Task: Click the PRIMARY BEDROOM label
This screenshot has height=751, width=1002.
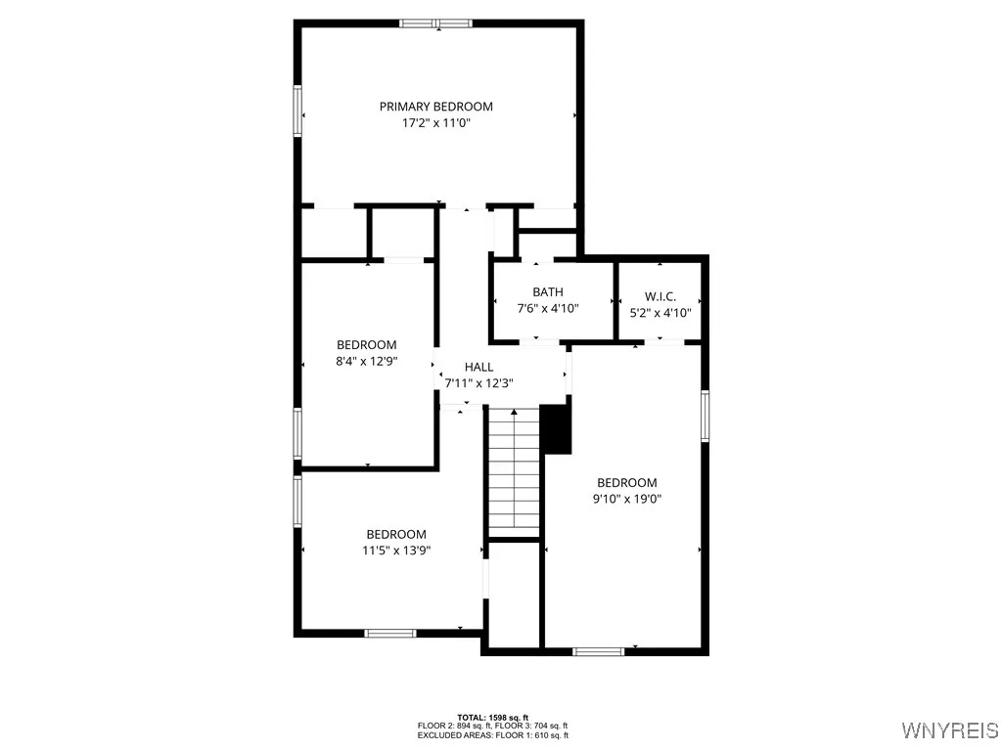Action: click(435, 107)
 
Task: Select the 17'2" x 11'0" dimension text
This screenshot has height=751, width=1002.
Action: click(435, 123)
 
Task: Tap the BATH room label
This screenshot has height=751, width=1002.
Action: click(547, 292)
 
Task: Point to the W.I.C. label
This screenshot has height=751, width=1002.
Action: click(660, 296)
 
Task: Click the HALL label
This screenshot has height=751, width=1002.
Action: click(478, 367)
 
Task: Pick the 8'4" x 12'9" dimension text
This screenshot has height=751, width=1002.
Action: click(366, 361)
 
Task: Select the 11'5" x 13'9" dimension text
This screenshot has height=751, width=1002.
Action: click(396, 550)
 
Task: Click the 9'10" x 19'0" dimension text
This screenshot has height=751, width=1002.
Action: click(626, 499)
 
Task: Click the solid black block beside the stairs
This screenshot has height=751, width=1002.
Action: click(556, 428)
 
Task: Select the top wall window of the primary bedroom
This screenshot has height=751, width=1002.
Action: click(436, 23)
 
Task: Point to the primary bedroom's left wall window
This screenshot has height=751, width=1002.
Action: click(298, 110)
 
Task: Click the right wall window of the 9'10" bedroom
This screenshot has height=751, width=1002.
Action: click(704, 417)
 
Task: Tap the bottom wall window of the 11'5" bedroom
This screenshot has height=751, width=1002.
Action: click(390, 633)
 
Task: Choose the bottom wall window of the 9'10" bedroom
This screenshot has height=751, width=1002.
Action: click(598, 650)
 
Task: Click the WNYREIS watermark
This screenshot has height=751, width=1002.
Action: click(949, 730)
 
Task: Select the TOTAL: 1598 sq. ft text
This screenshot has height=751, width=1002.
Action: click(493, 717)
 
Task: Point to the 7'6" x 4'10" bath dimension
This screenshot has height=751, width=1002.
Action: click(547, 308)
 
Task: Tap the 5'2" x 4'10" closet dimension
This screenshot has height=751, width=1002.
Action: click(660, 313)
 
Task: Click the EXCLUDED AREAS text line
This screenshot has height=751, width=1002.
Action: click(493, 734)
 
